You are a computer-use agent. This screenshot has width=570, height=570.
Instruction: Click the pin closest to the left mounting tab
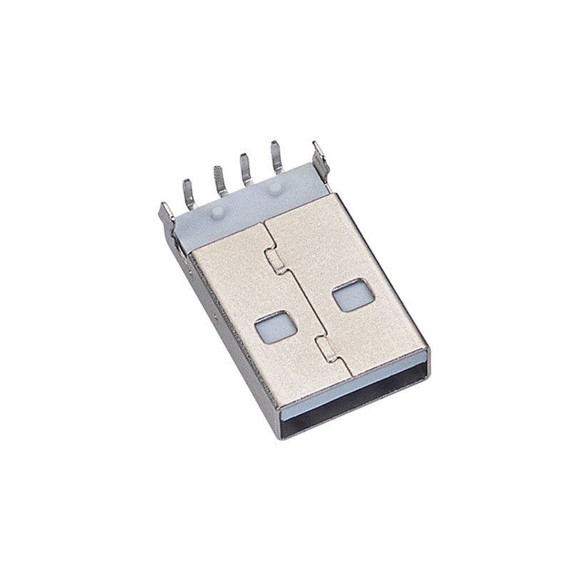[190, 194]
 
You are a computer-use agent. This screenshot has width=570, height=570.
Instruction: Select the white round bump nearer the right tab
[275, 188]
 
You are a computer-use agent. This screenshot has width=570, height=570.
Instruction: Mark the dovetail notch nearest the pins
[274, 259]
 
